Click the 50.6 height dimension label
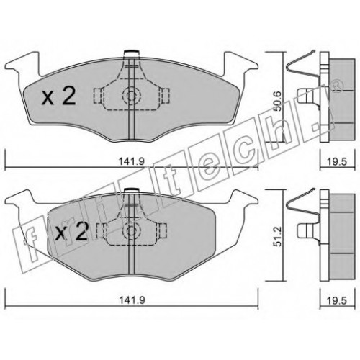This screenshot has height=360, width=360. (278, 101)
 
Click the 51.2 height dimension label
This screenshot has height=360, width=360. (278, 237)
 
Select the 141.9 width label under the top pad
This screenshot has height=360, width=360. (132, 161)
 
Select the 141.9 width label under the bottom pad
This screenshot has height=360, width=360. (132, 300)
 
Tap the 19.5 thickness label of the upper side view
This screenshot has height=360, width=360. (338, 161)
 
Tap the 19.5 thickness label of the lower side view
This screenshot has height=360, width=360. (338, 300)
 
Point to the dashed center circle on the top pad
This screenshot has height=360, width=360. (131, 96)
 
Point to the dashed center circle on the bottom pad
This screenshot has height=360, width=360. (131, 231)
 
